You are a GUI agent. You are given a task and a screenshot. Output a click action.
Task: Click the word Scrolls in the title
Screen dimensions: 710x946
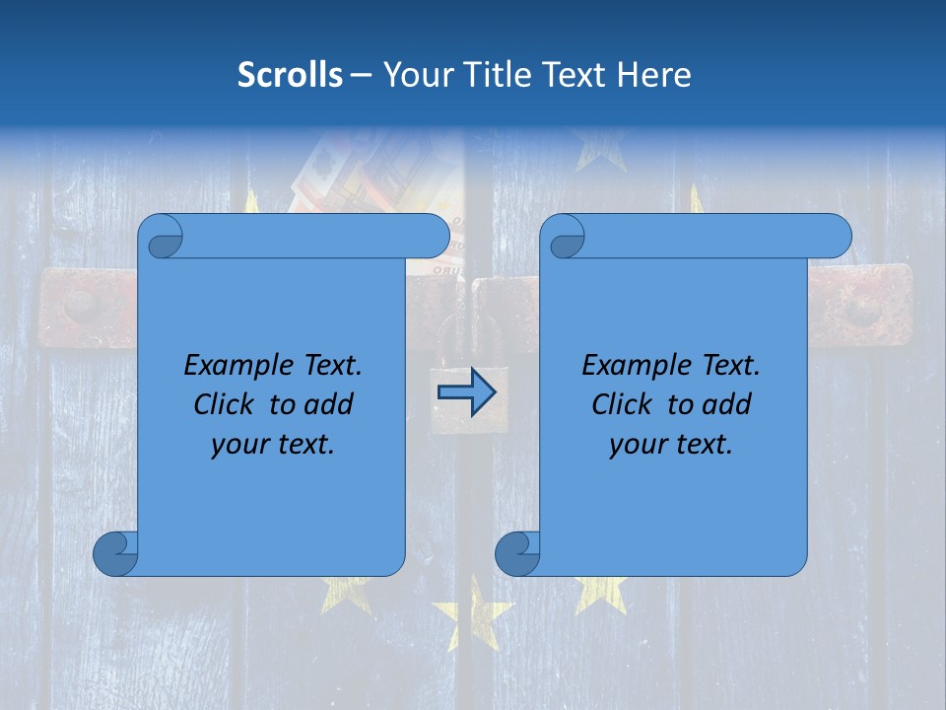(290, 75)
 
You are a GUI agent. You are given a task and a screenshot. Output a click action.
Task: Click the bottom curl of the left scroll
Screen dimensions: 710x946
(116, 553)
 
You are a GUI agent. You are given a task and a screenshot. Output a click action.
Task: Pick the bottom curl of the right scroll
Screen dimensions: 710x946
(518, 553)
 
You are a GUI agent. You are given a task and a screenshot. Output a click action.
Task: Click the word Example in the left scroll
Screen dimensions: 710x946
(233, 366)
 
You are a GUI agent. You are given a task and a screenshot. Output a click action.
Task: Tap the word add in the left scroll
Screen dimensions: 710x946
(329, 405)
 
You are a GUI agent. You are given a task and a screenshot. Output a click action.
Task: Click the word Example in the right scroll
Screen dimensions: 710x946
(631, 366)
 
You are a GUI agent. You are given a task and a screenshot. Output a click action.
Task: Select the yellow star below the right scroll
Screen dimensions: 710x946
(600, 592)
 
